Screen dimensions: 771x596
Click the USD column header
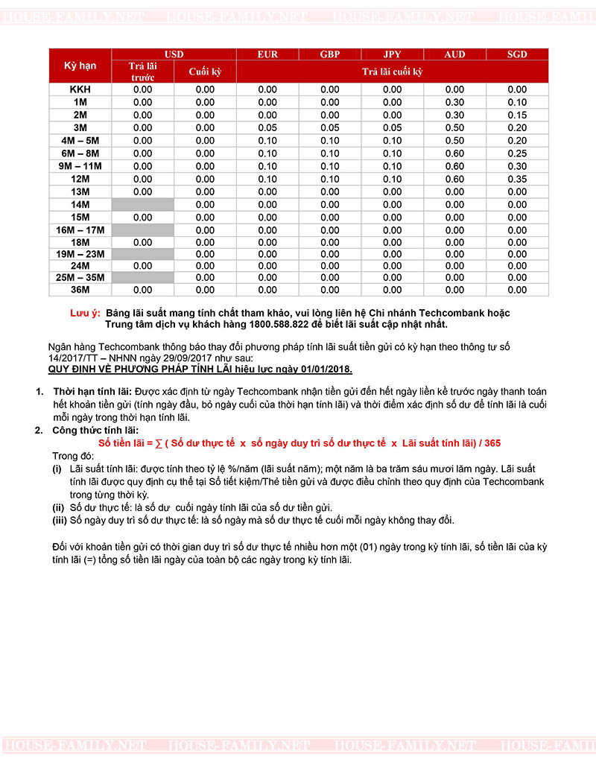[174, 54]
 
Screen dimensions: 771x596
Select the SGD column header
[517, 54]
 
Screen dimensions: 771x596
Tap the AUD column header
[454, 54]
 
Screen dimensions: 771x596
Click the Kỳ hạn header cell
[80, 66]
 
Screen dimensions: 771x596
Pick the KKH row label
[80, 89]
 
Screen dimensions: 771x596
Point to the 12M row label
[80, 179]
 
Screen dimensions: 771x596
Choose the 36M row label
[80, 289]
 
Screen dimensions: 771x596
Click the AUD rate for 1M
[454, 102]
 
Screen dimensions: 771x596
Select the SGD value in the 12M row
[517, 179]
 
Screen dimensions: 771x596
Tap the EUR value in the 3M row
[267, 127]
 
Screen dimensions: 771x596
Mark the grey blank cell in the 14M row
[142, 204]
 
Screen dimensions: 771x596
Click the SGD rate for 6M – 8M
[517, 153]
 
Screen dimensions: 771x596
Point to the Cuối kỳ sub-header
[205, 72]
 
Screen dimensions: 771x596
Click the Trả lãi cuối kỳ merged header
[392, 72]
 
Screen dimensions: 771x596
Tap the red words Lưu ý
[84, 313]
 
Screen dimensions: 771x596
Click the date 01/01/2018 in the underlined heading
[324, 369]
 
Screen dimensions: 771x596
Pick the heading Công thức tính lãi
[95, 431]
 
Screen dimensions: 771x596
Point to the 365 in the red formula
[492, 442]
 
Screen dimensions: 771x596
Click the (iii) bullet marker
[57, 520]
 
